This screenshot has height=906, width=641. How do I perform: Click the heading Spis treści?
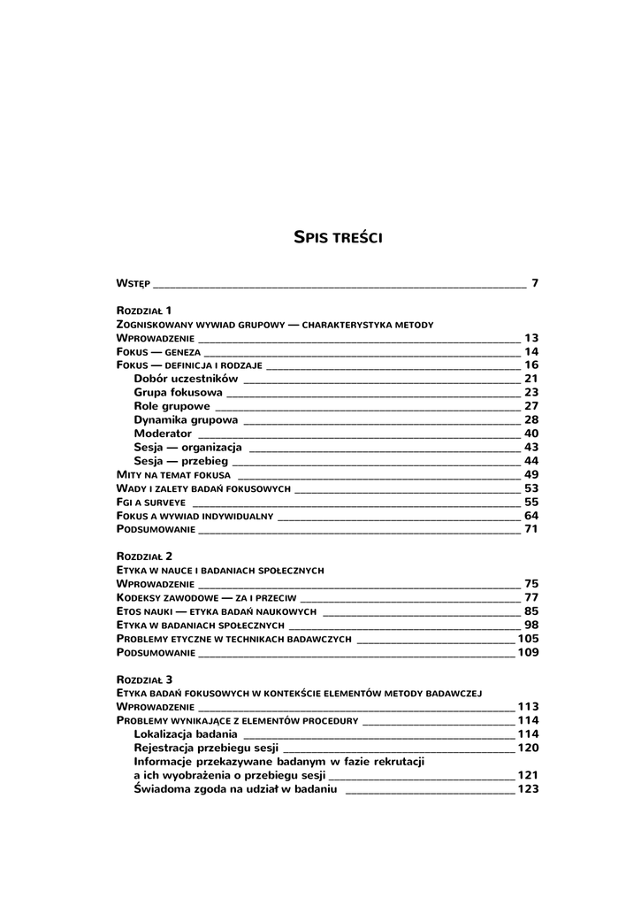pos(337,237)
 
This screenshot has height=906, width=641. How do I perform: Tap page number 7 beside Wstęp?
pos(535,283)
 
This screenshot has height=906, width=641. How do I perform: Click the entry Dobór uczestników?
pos(180,379)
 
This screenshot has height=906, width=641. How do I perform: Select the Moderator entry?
pos(163,434)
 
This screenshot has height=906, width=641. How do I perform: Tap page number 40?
pos(531,434)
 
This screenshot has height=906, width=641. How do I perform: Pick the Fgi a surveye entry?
pos(144,502)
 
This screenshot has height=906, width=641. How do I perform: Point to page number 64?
pos(531,516)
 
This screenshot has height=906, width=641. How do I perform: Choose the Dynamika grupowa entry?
pos(186,420)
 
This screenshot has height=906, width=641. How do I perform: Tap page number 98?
pos(531,625)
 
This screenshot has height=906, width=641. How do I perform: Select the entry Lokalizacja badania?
pos(185,734)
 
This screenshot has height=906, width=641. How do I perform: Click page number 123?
pos(528,789)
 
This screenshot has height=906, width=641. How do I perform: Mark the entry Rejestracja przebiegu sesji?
pos(206,748)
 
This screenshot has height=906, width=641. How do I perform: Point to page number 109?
pos(528,653)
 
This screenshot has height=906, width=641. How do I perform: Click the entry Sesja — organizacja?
pos(187,448)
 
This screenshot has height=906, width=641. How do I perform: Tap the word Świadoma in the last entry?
pos(163,789)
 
